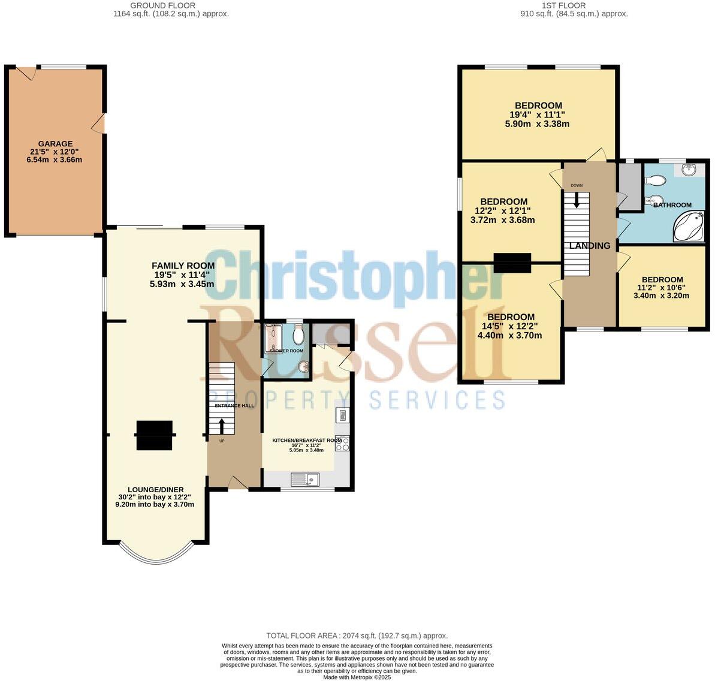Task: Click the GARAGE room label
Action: tap(55, 144)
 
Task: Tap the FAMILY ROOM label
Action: tap(183, 266)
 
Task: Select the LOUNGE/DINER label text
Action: tap(155, 489)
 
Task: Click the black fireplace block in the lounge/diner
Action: tap(155, 435)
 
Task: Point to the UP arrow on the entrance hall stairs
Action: tap(222, 426)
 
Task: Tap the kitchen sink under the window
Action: tap(306, 479)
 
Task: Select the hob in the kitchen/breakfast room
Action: tap(342, 443)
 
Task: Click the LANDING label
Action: tap(590, 246)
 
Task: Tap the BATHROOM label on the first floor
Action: tap(672, 205)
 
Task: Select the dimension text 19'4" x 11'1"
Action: tap(537, 115)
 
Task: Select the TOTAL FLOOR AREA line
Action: tap(357, 635)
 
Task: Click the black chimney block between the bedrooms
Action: tap(512, 263)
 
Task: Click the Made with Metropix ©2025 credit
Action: tap(357, 677)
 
